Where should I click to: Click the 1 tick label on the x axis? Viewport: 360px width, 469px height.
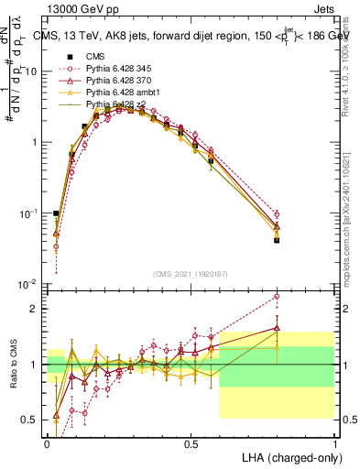click(x=335, y=443)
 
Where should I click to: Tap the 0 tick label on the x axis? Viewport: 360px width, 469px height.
click(x=47, y=443)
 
